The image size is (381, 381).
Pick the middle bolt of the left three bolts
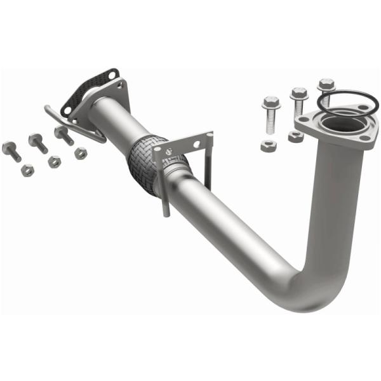click(x=37, y=142)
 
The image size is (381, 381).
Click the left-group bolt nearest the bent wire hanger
click(x=63, y=135)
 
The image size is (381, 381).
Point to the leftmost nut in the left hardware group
click(x=27, y=170)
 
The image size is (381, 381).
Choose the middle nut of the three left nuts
click(x=54, y=162)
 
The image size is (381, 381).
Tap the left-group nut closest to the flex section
click(x=81, y=153)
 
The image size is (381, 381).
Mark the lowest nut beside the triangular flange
click(x=269, y=145)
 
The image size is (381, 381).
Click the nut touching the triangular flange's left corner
click(x=295, y=137)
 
